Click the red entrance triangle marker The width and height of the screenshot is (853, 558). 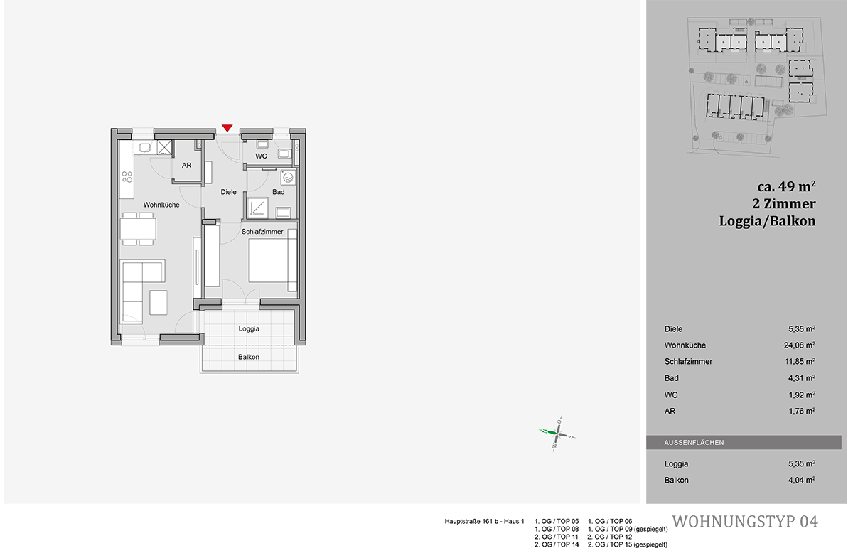[227, 128]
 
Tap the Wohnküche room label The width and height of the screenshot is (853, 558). [161, 205]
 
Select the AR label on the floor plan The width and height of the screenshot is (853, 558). [186, 166]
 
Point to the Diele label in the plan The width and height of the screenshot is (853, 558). [228, 192]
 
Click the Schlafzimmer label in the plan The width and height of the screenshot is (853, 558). [262, 232]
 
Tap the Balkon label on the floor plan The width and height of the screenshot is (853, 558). [249, 357]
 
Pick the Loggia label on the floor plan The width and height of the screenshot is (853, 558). [249, 328]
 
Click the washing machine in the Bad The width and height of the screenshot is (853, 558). [288, 177]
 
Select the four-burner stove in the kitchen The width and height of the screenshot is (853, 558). [127, 177]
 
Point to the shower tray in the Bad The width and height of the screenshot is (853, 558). [258, 208]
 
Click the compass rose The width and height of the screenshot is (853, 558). [557, 434]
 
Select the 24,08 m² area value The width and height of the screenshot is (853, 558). [799, 345]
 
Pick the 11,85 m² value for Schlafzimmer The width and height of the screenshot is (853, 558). [800, 361]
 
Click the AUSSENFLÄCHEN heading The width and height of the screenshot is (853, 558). [694, 443]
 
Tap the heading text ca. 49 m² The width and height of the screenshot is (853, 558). [786, 186]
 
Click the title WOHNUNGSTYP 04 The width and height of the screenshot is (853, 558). [745, 522]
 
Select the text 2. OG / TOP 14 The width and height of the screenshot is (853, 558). [557, 544]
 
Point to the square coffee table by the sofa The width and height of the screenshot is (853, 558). [158, 302]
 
